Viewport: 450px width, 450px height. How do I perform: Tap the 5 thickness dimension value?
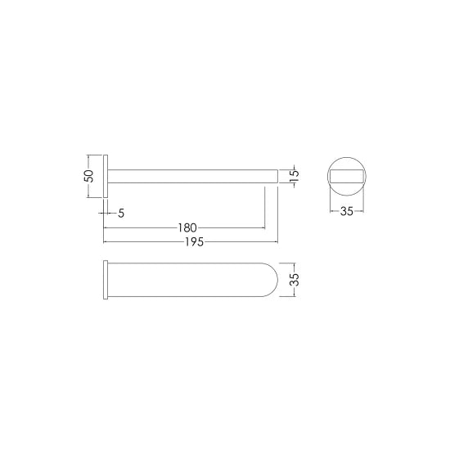click(x=121, y=214)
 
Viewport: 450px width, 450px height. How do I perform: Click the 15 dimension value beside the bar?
click(x=295, y=174)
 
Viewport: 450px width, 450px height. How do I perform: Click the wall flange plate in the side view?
click(x=106, y=174)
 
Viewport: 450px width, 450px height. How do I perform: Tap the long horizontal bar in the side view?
click(x=192, y=174)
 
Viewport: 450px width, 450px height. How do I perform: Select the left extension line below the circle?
click(x=330, y=200)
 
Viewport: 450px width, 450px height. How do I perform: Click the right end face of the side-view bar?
click(x=277, y=174)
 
